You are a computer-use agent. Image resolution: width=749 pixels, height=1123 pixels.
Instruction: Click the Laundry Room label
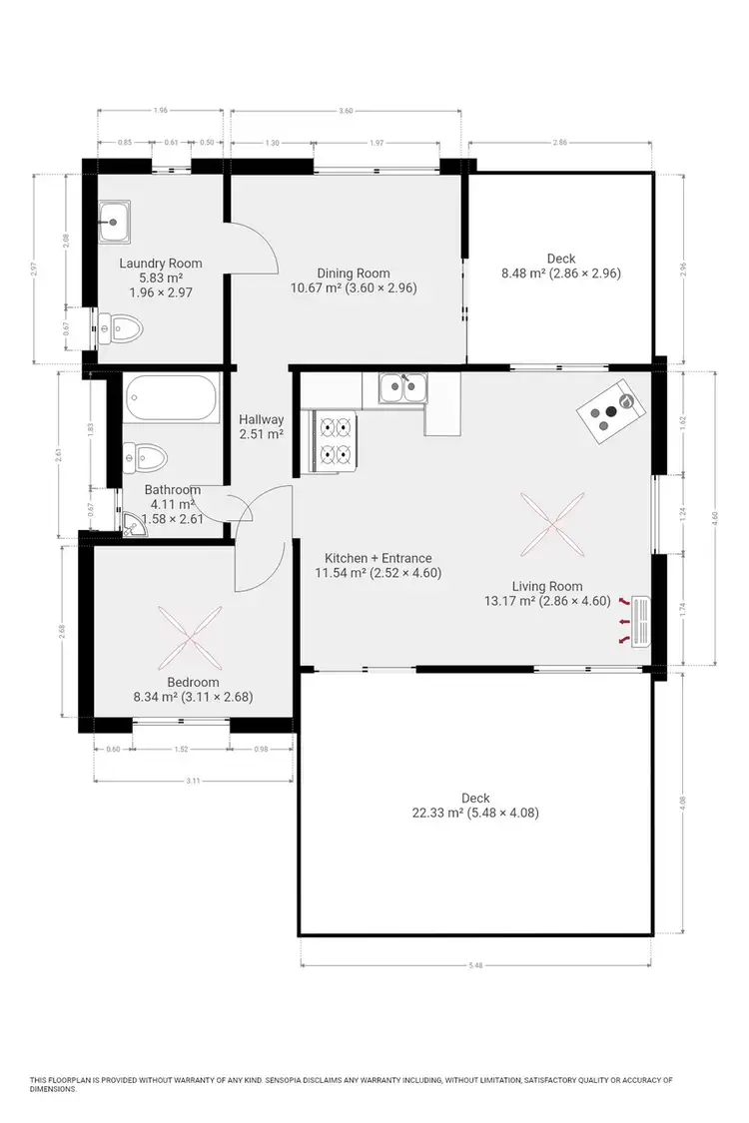[x=160, y=264]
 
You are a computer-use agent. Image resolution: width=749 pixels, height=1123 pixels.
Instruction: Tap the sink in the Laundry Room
[x=116, y=221]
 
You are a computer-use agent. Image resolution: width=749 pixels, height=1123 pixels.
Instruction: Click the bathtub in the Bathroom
[x=171, y=398]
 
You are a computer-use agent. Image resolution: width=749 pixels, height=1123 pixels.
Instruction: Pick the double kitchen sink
[x=403, y=387]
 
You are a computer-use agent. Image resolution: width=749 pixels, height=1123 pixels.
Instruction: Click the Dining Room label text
[x=354, y=274]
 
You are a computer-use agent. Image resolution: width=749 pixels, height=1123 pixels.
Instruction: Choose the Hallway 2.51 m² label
[x=260, y=427]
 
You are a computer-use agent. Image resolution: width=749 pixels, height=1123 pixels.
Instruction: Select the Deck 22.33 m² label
[x=475, y=806]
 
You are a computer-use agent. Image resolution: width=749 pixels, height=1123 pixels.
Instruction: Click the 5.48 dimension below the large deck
[x=475, y=964]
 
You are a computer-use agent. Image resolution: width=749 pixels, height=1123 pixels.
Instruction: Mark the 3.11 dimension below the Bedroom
[x=192, y=780]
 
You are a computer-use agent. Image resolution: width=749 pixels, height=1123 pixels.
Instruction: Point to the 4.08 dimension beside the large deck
[x=683, y=800]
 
